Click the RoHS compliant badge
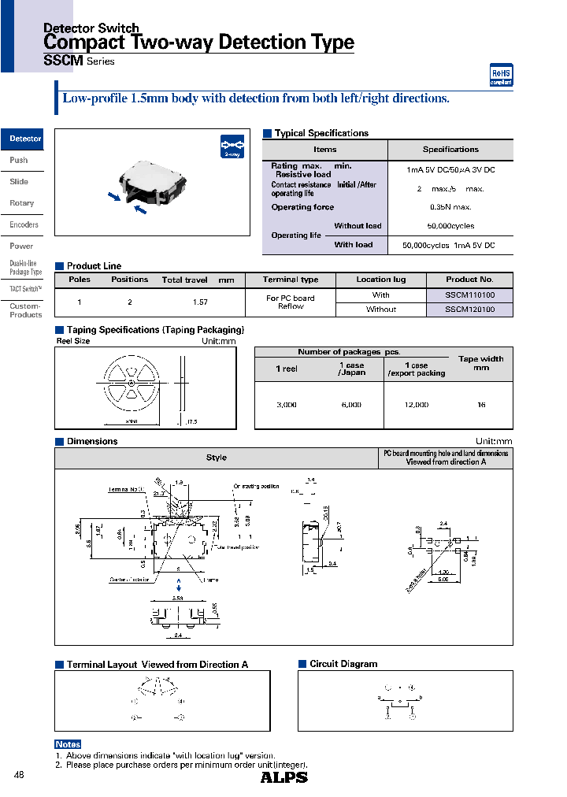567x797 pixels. click(502, 75)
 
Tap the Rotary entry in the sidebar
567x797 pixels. click(22, 203)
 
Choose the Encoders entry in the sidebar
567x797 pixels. click(24, 224)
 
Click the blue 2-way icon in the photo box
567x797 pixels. click(230, 147)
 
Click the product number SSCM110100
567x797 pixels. click(469, 295)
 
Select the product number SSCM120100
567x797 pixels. click(469, 310)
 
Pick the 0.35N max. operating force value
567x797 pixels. click(450, 207)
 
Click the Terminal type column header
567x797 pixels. click(291, 280)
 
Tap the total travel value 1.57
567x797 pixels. click(201, 302)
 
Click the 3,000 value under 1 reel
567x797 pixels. click(287, 404)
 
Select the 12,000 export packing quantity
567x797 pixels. click(416, 404)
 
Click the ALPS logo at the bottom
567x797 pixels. click(283, 777)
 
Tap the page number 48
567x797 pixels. click(20, 776)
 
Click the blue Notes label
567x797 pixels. click(68, 744)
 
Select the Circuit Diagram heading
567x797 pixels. click(343, 664)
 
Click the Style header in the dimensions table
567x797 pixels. click(216, 458)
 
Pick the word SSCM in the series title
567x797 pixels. click(58, 61)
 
